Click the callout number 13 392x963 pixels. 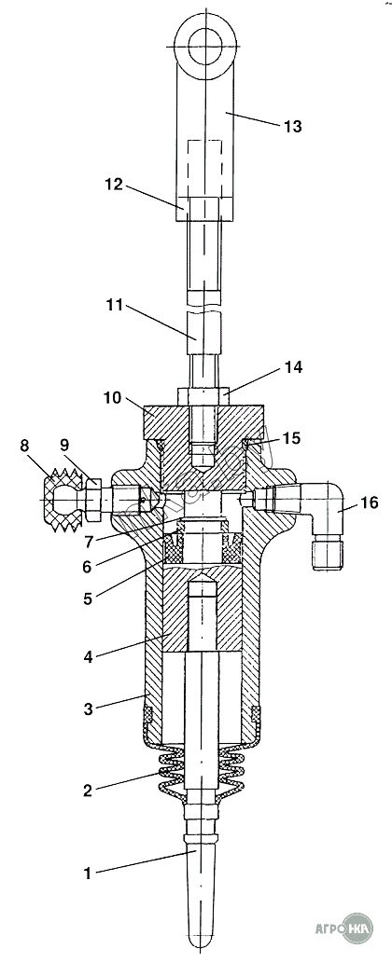point(292,127)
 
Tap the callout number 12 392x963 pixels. point(113,184)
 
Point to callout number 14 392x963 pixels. point(293,367)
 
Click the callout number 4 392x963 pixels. point(89,656)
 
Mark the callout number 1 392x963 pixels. point(88,872)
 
